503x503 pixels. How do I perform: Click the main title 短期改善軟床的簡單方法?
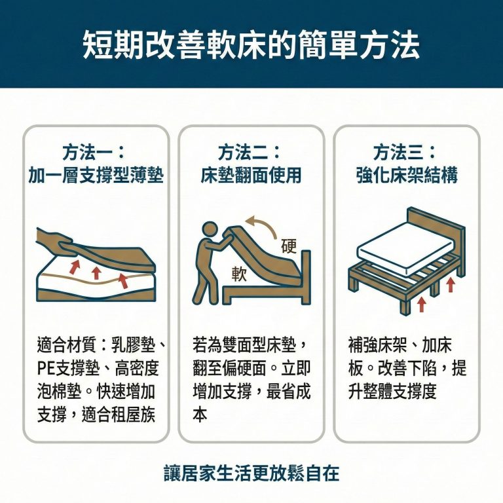251,45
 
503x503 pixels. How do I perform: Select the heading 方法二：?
251,153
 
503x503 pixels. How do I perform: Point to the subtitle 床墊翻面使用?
251,176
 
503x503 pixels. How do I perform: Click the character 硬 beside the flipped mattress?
288,247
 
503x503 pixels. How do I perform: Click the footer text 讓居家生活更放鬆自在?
251,473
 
